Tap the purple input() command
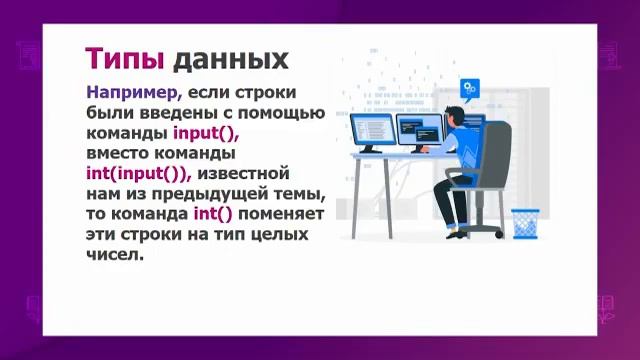pos(206,133)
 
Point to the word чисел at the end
pos(114,254)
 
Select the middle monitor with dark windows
pos(420,129)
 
